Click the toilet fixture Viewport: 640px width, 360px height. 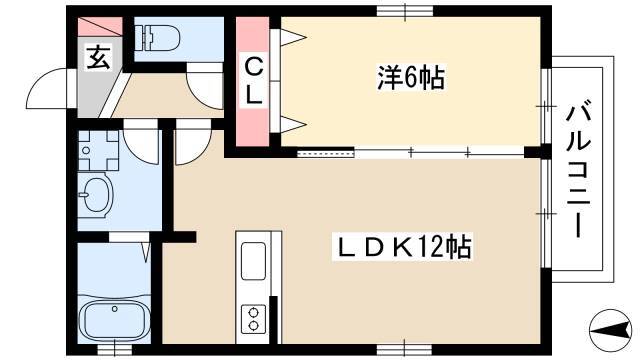158,38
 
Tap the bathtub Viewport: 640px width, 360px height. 114,319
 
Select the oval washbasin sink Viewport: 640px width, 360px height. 96,193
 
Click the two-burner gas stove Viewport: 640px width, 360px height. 253,319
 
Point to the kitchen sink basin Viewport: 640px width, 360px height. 253,261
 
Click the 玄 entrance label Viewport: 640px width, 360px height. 98,58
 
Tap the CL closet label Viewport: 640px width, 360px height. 253,81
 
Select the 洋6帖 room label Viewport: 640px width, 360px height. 411,78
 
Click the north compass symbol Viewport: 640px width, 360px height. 611,330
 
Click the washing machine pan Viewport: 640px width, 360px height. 98,150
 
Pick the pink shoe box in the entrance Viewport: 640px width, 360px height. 100,27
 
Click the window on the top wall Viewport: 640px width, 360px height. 404,11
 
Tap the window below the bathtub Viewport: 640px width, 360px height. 115,349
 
